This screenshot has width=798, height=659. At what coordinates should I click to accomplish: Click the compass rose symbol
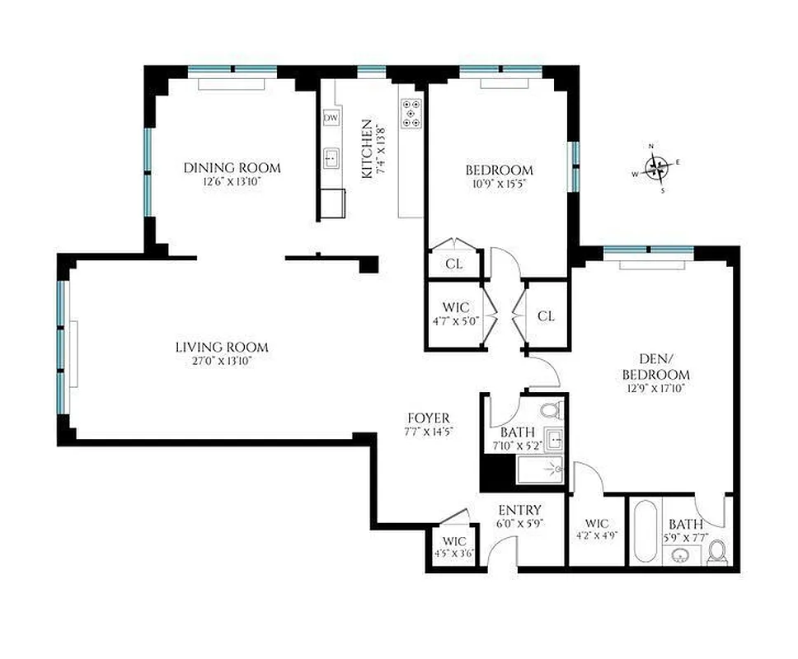pyautogui.click(x=656, y=168)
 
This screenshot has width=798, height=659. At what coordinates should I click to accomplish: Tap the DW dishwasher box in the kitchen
pyautogui.click(x=331, y=119)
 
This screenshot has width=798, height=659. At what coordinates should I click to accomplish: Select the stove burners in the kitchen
pyautogui.click(x=411, y=113)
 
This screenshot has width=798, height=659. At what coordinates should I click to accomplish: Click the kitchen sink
pyautogui.click(x=332, y=156)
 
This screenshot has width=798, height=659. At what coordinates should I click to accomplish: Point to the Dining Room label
pyautogui.click(x=232, y=168)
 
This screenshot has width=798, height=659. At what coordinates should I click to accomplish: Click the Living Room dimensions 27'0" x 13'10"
pyautogui.click(x=222, y=362)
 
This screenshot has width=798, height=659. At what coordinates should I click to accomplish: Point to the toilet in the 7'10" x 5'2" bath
pyautogui.click(x=552, y=409)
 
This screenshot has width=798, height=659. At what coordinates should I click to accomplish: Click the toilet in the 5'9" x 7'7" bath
pyautogui.click(x=716, y=551)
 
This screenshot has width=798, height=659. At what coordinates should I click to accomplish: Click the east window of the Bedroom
pyautogui.click(x=575, y=165)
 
